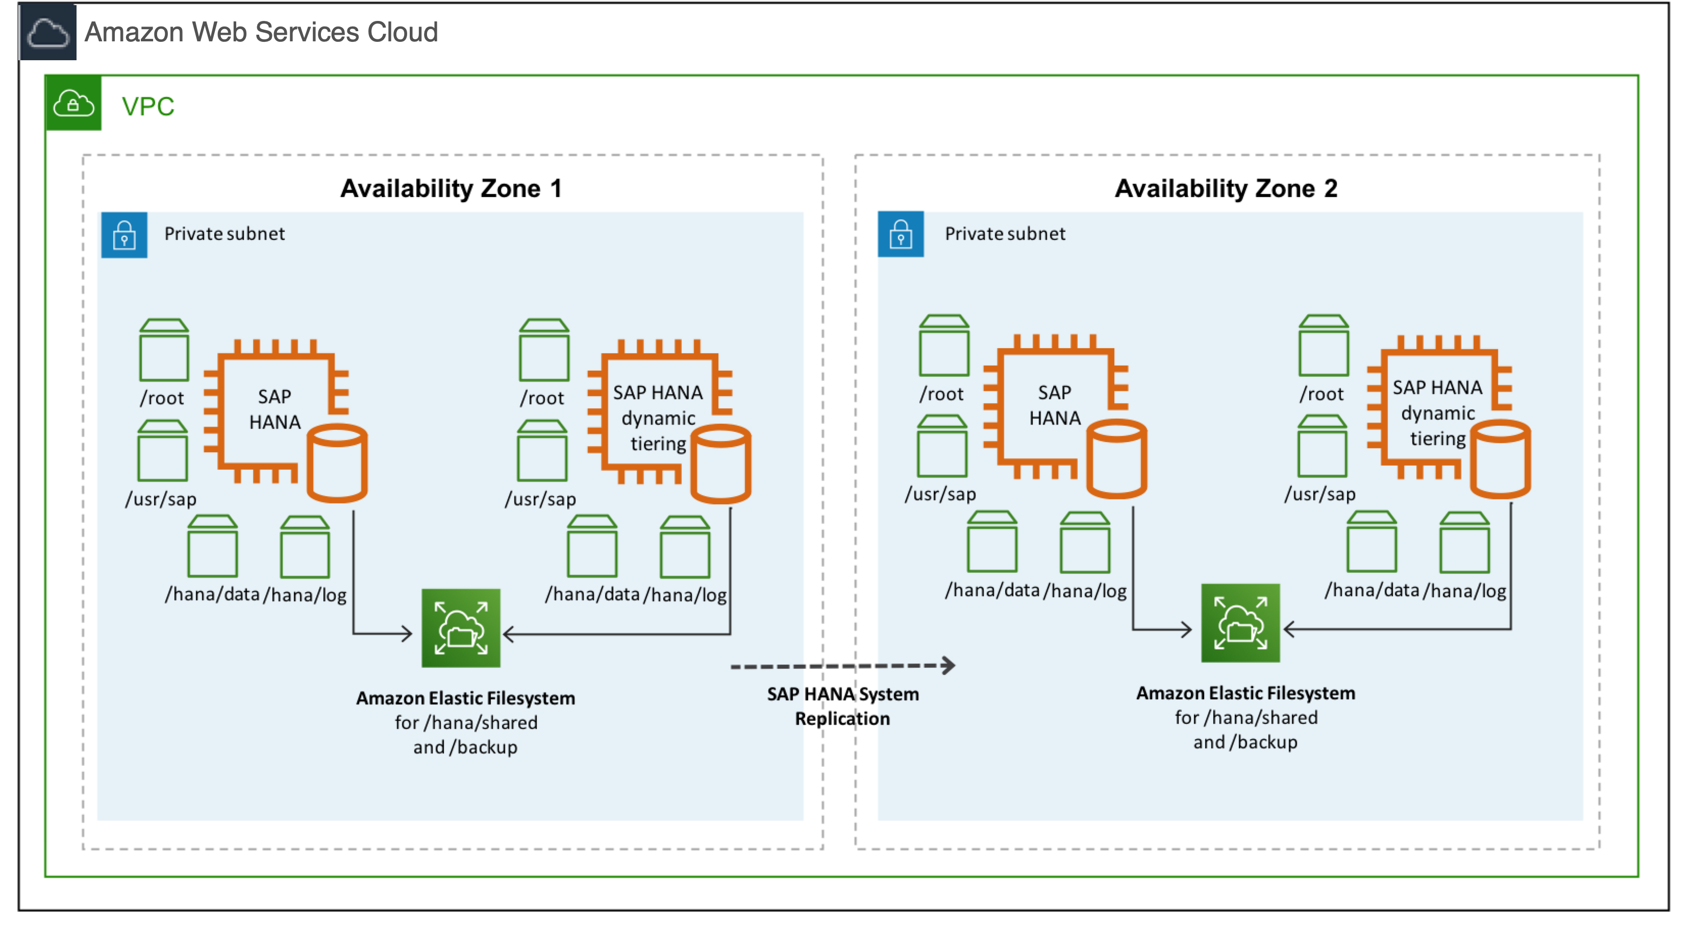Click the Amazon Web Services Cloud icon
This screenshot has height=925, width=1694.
point(47,32)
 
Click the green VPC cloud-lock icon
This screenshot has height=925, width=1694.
point(73,103)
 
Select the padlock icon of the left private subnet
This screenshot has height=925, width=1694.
point(123,235)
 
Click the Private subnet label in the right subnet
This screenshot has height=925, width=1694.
point(1004,234)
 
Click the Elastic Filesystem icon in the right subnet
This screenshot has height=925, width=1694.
point(1240,622)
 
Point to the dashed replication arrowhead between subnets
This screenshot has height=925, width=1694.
point(948,665)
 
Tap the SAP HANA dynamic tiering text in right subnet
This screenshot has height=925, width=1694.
point(1437,412)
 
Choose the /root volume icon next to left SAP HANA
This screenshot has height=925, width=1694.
point(164,350)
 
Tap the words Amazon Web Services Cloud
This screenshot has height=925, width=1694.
point(261,32)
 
